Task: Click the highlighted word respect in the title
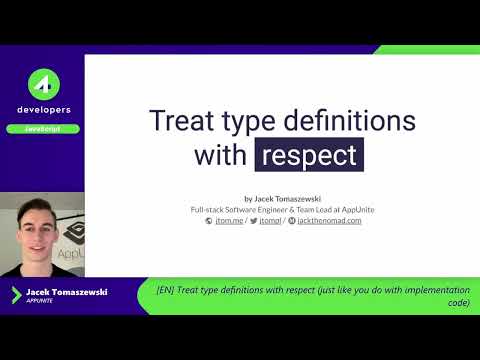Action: click(309, 155)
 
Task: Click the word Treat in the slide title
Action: click(182, 121)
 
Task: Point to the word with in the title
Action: click(222, 155)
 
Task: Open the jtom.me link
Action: click(229, 220)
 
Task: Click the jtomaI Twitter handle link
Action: click(270, 220)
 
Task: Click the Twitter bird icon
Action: click(256, 220)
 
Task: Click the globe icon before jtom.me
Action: click(209, 220)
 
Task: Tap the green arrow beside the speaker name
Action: click(15, 294)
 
